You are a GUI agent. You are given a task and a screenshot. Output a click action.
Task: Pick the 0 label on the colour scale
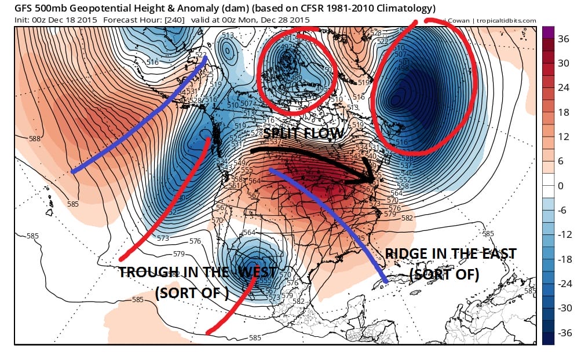(x=561, y=186)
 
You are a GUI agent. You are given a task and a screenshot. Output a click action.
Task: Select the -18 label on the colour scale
(x=564, y=259)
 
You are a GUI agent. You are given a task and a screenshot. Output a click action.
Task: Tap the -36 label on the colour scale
(x=564, y=333)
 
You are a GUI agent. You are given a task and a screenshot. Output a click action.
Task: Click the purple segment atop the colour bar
(x=548, y=32)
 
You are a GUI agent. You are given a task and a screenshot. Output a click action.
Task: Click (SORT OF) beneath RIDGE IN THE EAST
(x=444, y=274)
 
